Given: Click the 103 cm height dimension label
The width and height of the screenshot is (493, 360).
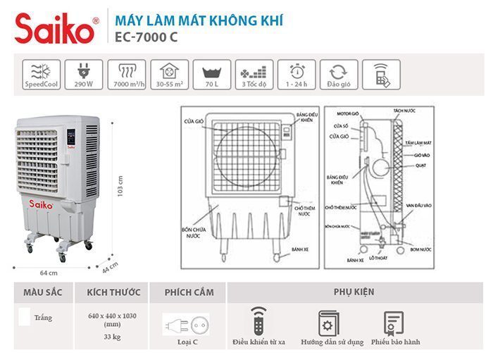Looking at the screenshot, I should pyautogui.click(x=120, y=187).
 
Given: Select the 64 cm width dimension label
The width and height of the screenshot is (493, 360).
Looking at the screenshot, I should pyautogui.click(x=48, y=272).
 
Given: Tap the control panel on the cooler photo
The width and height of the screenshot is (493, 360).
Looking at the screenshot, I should pyautogui.click(x=71, y=138).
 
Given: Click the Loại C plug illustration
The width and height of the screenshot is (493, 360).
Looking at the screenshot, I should pyautogui.click(x=185, y=325).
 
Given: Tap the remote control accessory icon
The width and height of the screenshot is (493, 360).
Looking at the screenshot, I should pyautogui.click(x=259, y=321).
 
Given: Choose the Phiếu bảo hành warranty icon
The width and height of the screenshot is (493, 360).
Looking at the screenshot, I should pyautogui.click(x=392, y=323).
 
